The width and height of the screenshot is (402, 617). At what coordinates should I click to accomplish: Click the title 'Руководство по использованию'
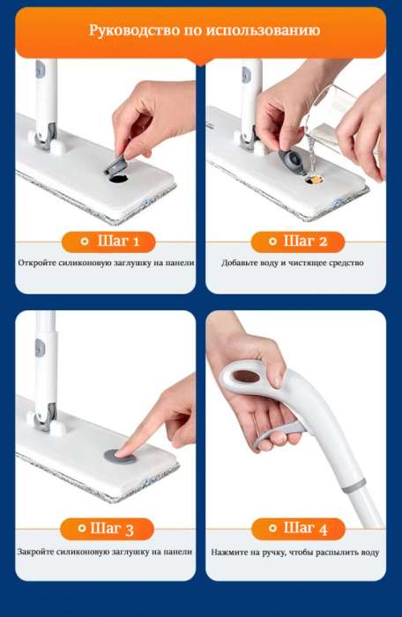205,30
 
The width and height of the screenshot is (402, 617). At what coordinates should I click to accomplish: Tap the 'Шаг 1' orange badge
108,242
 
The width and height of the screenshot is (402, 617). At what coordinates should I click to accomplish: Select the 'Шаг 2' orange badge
298,242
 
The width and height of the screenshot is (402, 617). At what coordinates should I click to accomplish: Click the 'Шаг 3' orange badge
107,529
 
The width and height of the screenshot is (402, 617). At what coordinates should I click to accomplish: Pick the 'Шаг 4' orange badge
298,529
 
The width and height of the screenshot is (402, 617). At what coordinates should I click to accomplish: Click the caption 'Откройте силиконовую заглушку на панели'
107,263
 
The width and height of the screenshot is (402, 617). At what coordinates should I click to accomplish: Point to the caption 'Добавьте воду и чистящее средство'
293,263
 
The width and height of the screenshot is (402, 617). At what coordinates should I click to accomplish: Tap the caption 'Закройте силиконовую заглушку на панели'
105,552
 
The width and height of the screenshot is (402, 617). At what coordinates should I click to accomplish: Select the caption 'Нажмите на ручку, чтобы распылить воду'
295,552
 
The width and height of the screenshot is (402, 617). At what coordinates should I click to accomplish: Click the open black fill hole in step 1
119,179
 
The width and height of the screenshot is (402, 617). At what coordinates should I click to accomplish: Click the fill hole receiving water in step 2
314,180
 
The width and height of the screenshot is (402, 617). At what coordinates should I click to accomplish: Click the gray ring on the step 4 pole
354,486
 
